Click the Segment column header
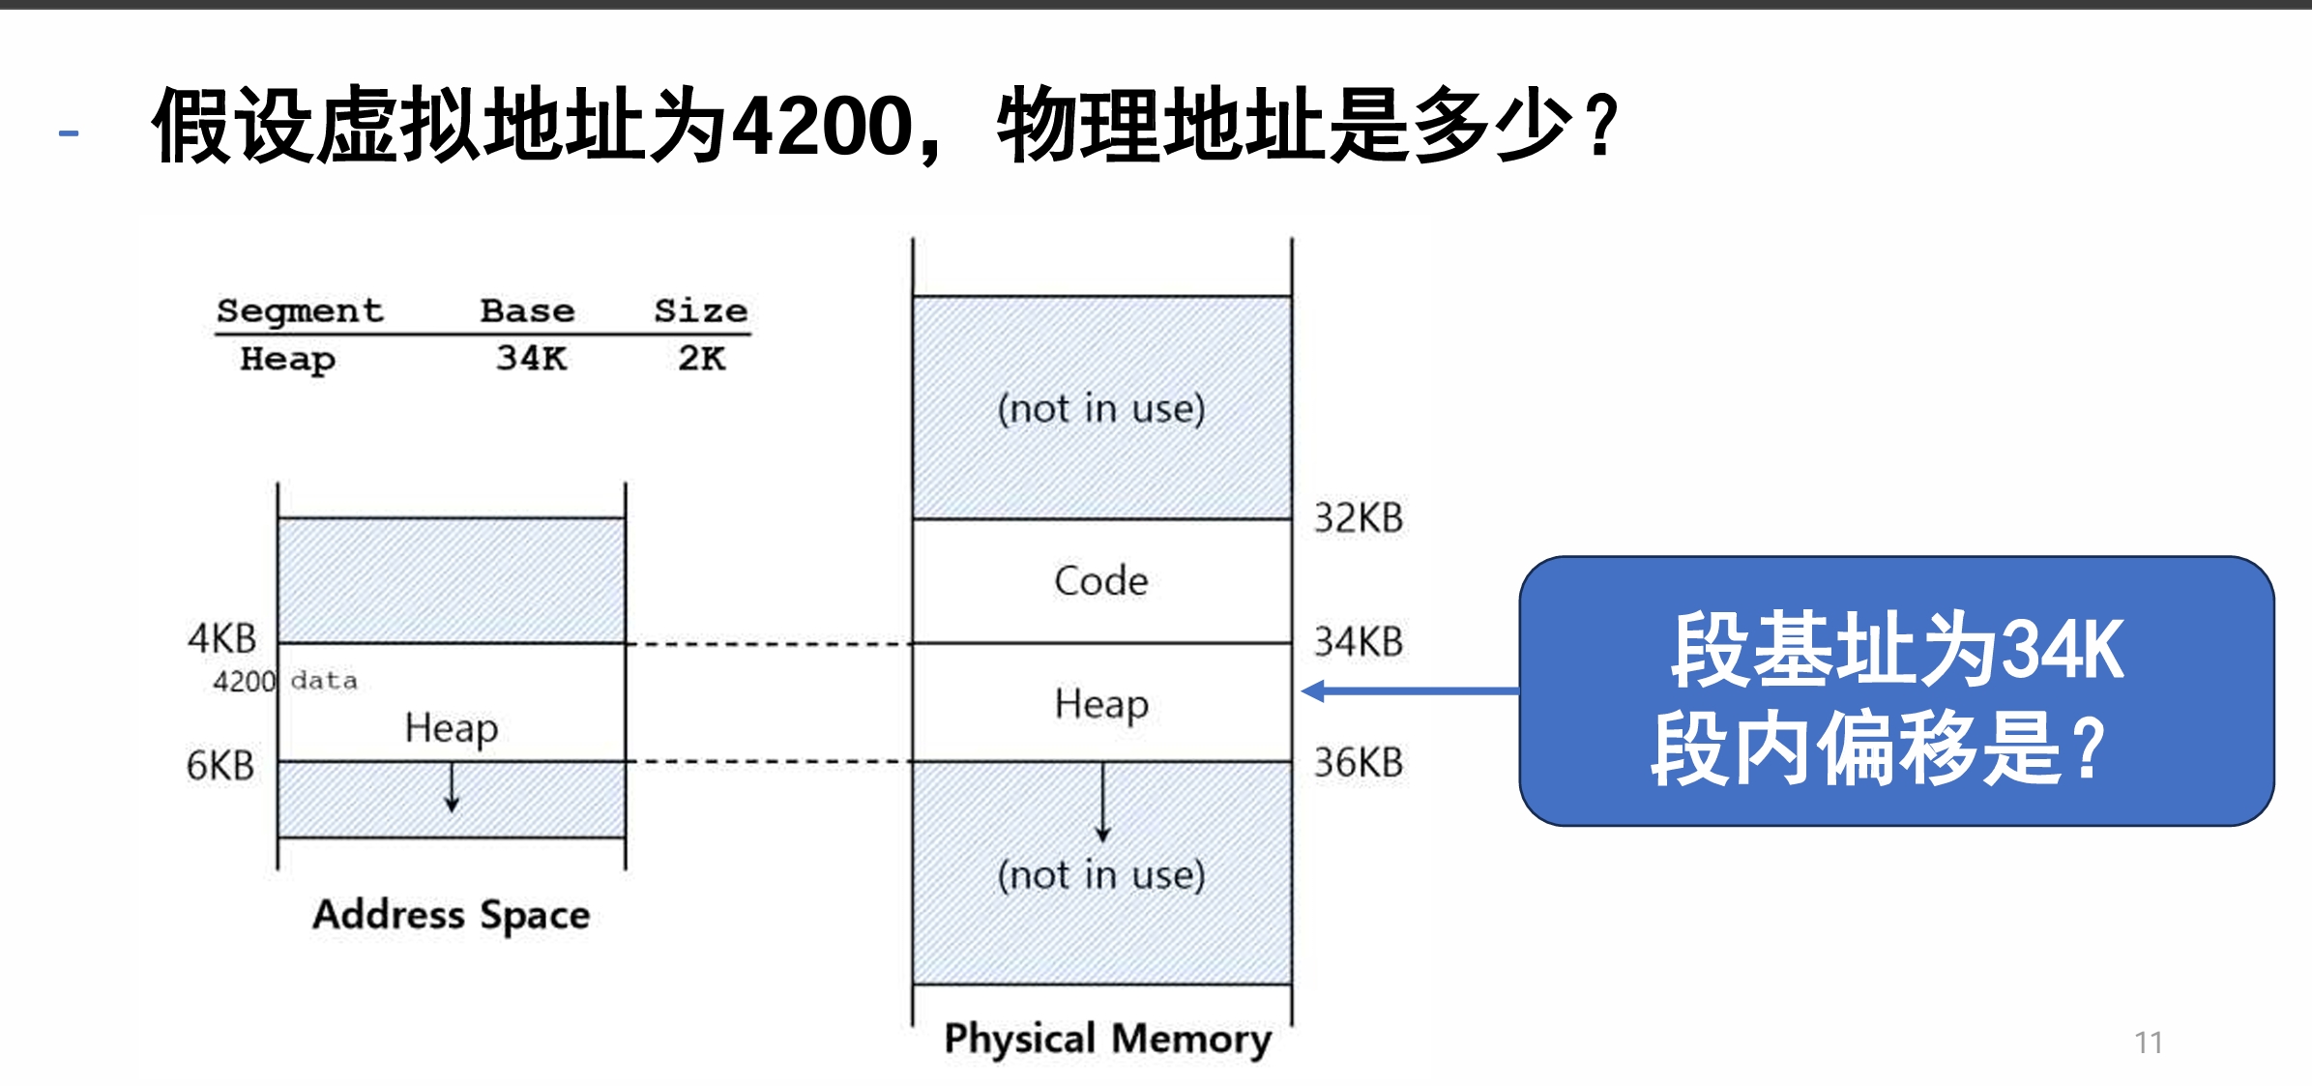point(300,311)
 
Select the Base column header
point(527,311)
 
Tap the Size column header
point(700,311)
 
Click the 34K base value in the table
point(531,359)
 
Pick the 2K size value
point(701,359)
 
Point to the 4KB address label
point(222,639)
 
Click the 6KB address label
point(220,766)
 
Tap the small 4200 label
point(244,682)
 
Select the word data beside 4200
point(324,681)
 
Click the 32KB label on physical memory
point(1358,518)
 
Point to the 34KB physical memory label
point(1358,642)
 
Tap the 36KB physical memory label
point(1358,763)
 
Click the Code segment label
point(1101,581)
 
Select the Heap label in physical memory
point(1101,704)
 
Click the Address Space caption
point(451,915)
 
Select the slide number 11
point(2148,1042)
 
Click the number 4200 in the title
point(822,127)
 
